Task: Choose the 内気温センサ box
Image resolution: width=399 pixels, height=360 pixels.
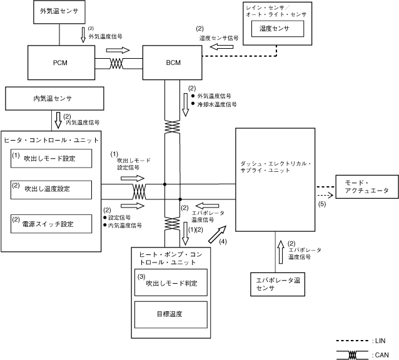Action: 53,99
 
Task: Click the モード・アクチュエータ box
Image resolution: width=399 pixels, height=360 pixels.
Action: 366,186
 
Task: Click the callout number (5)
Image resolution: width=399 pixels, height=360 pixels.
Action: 322,204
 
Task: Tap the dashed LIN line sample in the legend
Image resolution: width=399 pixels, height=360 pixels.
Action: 352,340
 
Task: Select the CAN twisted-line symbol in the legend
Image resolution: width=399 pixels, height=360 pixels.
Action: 352,354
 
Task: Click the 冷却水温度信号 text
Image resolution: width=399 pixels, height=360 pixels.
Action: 218,104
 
